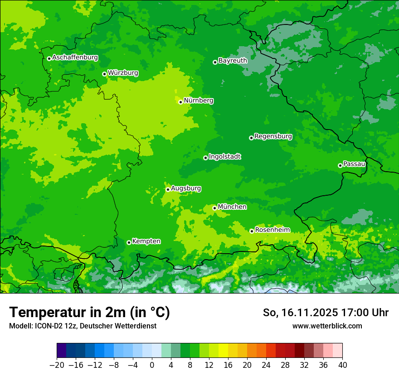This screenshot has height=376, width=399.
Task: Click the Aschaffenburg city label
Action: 75,58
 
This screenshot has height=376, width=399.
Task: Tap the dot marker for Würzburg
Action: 104,74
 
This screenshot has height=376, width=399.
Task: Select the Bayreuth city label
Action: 233,60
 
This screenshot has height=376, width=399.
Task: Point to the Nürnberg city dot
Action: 180,102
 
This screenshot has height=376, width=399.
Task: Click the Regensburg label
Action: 273,136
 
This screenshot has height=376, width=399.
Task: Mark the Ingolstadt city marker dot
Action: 205,158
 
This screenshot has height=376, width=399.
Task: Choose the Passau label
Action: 354,164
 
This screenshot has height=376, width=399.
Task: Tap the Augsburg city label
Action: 186,188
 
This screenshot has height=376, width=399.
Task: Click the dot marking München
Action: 214,208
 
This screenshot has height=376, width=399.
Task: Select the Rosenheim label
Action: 272,230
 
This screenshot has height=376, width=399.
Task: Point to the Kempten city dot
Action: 129,242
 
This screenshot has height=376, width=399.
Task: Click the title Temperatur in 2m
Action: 90,312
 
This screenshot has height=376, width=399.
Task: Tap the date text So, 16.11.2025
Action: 301,313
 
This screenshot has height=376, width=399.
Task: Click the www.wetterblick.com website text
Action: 327,326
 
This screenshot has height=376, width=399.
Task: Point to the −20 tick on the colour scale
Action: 57,365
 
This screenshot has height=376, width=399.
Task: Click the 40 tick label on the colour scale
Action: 342,365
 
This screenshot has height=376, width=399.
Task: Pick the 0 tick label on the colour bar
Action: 152,365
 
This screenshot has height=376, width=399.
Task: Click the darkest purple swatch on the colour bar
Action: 62,351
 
